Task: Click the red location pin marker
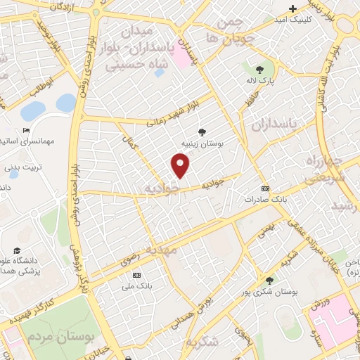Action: tap(181, 165)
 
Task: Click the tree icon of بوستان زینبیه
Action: tap(202, 131)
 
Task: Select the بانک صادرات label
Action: tap(266, 199)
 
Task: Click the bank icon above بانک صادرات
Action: tap(265, 188)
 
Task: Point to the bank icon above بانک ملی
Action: tap(136, 275)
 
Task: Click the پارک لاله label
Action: tap(260, 82)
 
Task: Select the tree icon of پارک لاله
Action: tap(260, 70)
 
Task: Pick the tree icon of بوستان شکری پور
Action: tap(269, 279)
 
